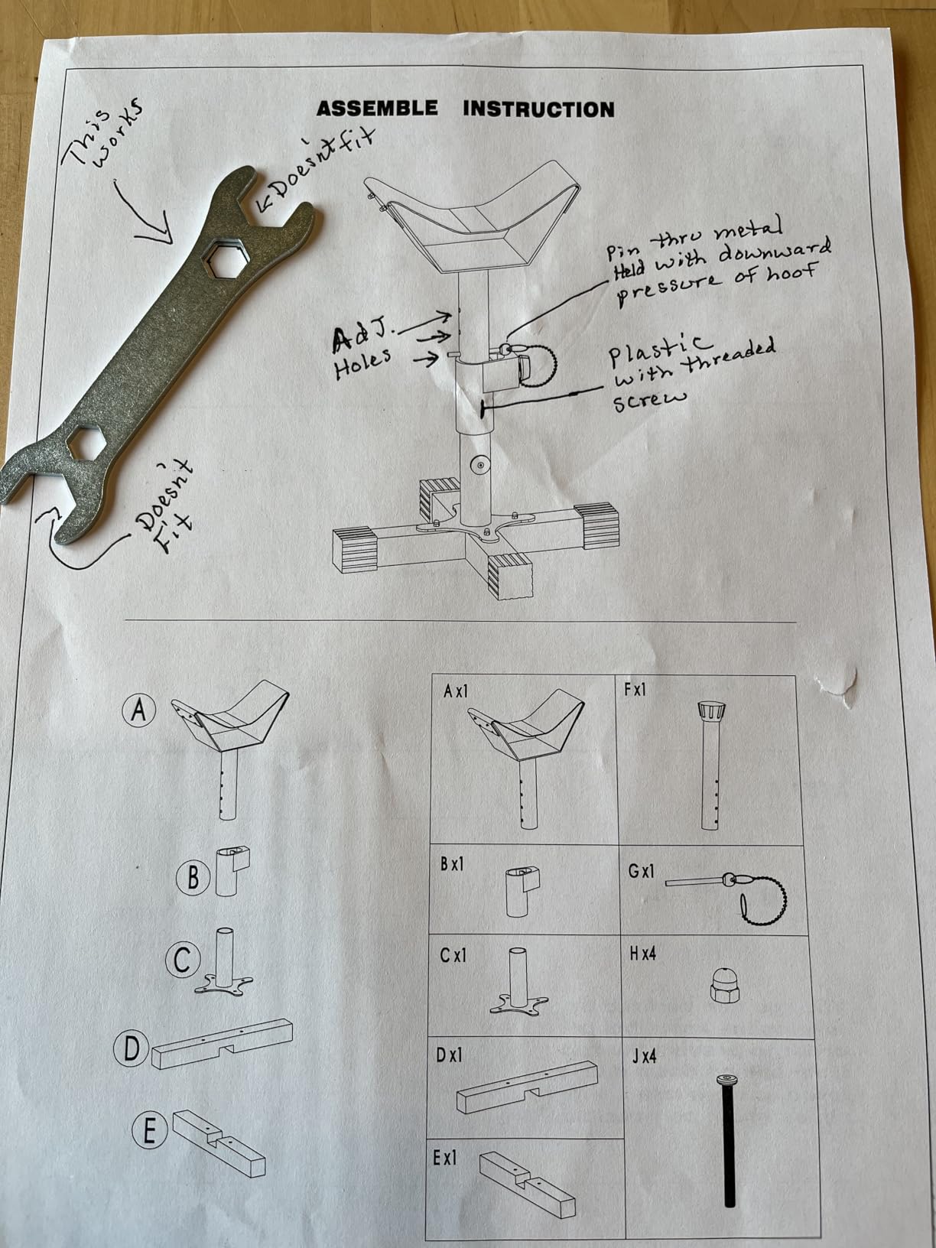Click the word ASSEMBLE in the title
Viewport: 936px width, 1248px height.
tap(377, 108)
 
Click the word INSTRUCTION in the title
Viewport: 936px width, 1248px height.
tap(539, 109)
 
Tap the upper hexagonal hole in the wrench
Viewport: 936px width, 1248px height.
tap(225, 258)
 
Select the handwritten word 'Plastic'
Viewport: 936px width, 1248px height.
tap(659, 352)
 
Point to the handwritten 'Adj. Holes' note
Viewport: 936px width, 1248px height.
tap(362, 353)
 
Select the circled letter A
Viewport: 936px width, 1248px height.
tap(139, 710)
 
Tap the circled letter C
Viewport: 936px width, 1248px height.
tap(183, 961)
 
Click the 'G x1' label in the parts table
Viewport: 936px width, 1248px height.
tap(642, 870)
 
